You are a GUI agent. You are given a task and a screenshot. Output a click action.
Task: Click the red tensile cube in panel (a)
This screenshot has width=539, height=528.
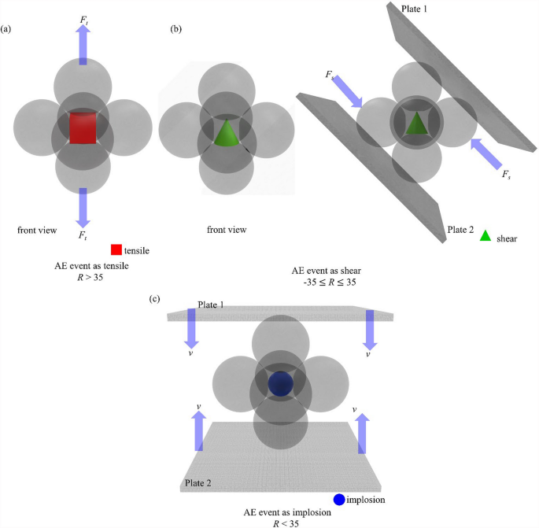point(83,127)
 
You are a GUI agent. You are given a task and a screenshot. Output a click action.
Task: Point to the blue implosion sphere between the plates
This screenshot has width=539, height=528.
point(280,384)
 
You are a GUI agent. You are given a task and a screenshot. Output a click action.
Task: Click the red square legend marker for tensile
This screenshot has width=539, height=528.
point(116,250)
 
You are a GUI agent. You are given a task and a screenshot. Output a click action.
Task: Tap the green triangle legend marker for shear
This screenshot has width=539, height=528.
point(486,234)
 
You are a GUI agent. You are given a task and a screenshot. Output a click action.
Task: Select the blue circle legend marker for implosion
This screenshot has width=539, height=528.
point(338,499)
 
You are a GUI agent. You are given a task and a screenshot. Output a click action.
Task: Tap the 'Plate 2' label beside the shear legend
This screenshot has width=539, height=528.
point(461,229)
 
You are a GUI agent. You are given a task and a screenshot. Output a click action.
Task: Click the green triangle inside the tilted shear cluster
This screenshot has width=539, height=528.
point(416,124)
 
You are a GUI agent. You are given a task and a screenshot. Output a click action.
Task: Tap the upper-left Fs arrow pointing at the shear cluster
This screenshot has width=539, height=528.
point(343,90)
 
